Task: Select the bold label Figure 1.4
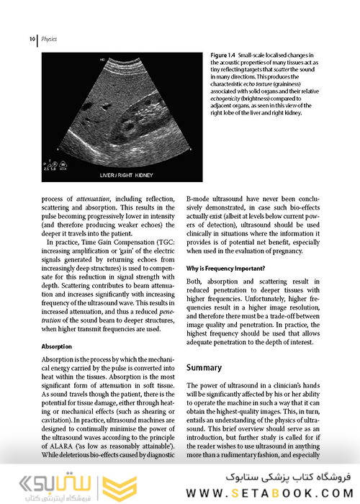click(x=222, y=55)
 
